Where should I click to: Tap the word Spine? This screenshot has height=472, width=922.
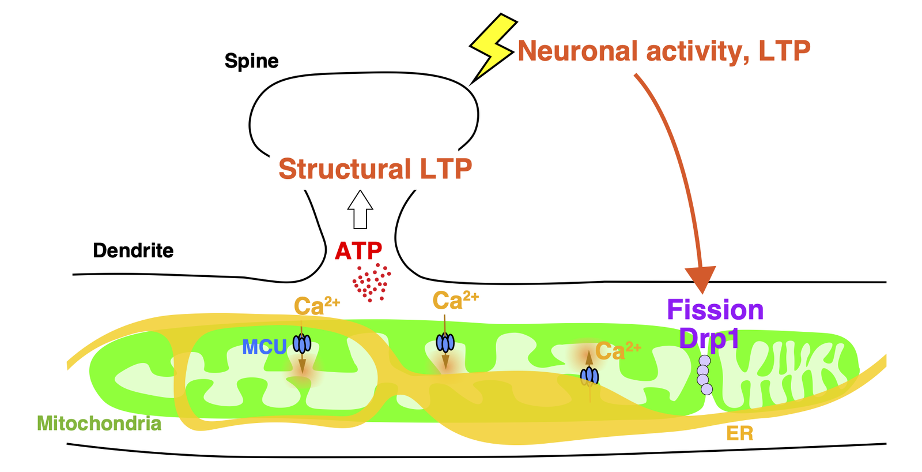pyautogui.click(x=251, y=61)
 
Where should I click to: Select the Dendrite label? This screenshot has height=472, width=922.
pyautogui.click(x=133, y=250)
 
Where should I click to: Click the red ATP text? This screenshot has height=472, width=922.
pyautogui.click(x=358, y=251)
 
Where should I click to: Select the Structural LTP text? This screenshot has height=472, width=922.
pyautogui.click(x=375, y=169)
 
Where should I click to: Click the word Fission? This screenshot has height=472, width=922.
pyautogui.click(x=715, y=310)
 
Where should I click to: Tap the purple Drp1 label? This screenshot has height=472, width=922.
pyautogui.click(x=709, y=338)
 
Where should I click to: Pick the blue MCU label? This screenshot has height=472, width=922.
pyautogui.click(x=264, y=347)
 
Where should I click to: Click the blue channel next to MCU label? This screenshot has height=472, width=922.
pyautogui.click(x=302, y=344)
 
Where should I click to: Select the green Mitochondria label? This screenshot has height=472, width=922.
pyautogui.click(x=99, y=424)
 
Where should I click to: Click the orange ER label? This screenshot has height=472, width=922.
pyautogui.click(x=740, y=433)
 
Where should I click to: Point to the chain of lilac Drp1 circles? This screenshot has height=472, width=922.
pyautogui.click(x=704, y=375)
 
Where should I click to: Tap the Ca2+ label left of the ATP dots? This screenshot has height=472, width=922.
pyautogui.click(x=316, y=306)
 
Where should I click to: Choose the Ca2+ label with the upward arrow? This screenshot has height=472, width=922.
pyautogui.click(x=618, y=350)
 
